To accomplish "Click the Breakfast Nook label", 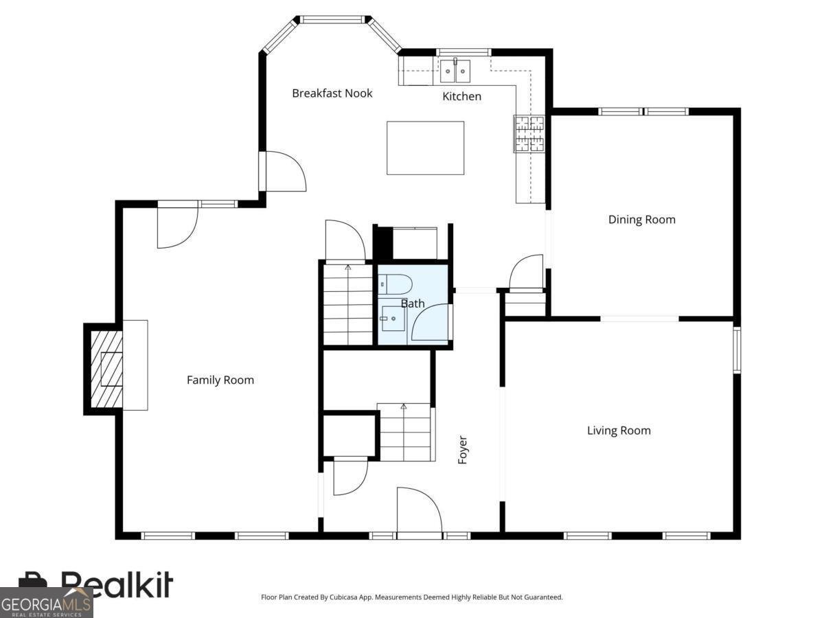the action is click(332, 93).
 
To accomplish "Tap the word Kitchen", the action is click(461, 96).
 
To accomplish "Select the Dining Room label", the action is click(641, 220).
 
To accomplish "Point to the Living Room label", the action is click(619, 431).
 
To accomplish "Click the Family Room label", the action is click(220, 380).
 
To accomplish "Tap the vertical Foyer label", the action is click(463, 450).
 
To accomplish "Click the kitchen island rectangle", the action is click(425, 148).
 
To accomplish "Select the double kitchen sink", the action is click(455, 71).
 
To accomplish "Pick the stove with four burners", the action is click(529, 134).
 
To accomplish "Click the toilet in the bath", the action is click(395, 284).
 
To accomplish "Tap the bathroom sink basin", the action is click(393, 319).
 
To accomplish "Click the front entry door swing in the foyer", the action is click(419, 510).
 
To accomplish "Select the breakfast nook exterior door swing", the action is click(285, 171).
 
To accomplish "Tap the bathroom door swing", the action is click(431, 322).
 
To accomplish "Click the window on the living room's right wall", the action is click(737, 350).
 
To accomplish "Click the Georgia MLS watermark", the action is click(46, 603).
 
